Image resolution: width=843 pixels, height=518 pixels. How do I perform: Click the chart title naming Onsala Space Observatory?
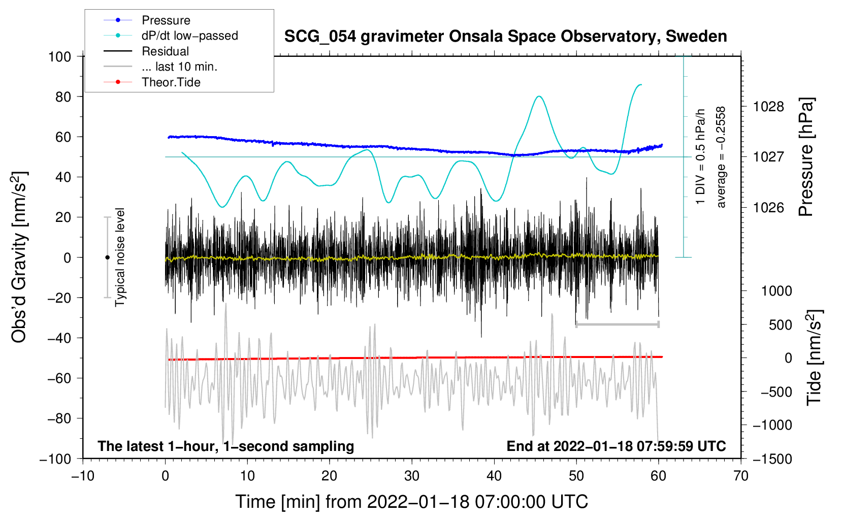click(x=505, y=37)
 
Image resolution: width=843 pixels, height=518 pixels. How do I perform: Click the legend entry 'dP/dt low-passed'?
click(x=189, y=36)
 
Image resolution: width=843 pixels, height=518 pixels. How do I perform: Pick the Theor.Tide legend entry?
click(x=171, y=82)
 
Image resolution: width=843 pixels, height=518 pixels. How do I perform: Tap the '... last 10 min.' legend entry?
click(x=179, y=67)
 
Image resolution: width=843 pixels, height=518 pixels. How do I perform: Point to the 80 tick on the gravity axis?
click(x=63, y=96)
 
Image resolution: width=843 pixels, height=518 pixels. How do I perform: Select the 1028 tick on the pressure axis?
click(x=768, y=107)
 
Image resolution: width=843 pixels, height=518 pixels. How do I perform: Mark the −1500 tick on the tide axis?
click(x=772, y=459)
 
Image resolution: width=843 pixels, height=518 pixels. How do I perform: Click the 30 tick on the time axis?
click(x=412, y=476)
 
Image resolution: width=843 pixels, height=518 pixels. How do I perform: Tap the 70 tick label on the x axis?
click(x=741, y=476)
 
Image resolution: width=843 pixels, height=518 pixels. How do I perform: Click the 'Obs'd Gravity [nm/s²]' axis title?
click(x=19, y=257)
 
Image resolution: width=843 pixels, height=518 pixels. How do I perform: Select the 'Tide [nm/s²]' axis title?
click(x=814, y=358)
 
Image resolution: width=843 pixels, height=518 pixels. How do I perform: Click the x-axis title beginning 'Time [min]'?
click(x=411, y=502)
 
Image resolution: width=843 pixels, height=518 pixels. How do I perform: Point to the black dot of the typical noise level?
click(x=107, y=257)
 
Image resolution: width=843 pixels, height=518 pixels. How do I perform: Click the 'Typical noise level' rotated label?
click(x=120, y=257)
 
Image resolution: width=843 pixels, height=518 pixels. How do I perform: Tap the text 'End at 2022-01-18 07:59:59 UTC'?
click(x=616, y=446)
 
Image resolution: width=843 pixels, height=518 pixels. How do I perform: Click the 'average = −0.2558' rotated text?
click(x=721, y=157)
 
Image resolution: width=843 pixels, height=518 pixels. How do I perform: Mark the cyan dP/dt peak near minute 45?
click(x=539, y=96)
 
